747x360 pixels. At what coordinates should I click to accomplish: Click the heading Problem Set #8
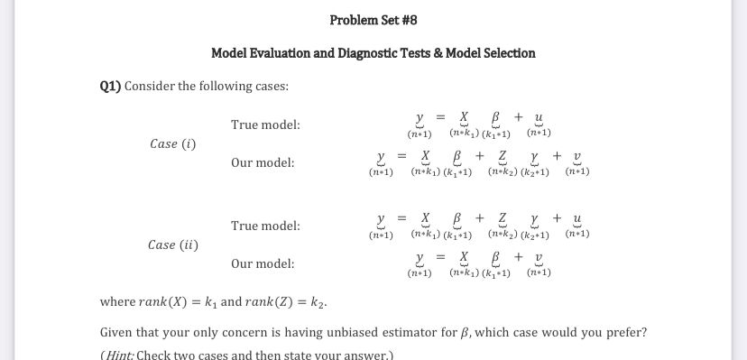point(373,20)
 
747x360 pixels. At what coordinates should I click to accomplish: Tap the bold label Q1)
point(110,87)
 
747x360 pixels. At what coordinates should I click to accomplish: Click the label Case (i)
point(173,143)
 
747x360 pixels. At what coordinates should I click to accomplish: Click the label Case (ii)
point(173,245)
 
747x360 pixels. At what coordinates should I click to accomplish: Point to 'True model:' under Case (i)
point(265,125)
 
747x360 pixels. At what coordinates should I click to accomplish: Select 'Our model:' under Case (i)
point(263,162)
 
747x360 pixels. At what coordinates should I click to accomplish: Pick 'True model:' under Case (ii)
point(265,226)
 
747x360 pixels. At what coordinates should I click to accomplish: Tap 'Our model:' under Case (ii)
point(263,263)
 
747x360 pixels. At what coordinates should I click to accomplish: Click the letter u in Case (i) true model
point(539,118)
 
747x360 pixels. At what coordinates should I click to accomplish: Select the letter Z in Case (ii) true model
point(502,219)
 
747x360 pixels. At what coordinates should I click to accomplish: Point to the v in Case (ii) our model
point(539,258)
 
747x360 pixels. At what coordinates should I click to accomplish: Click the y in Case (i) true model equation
point(420,118)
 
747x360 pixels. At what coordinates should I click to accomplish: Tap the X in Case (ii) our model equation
point(464,257)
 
